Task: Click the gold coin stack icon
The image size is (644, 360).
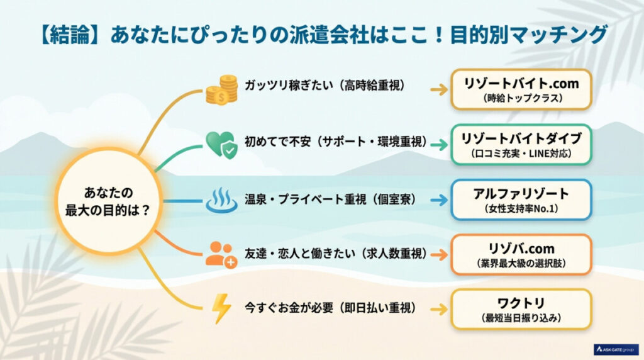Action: click(x=222, y=89)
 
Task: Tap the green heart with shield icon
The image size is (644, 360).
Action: click(x=221, y=144)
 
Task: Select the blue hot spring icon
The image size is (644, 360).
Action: click(x=222, y=200)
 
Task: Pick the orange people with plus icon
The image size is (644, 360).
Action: click(x=221, y=255)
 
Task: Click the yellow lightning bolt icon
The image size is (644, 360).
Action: click(x=221, y=308)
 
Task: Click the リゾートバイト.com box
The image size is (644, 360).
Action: click(x=521, y=89)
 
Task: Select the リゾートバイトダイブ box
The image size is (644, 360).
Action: click(x=521, y=145)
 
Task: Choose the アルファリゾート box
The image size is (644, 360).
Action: click(x=521, y=200)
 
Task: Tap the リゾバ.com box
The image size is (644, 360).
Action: click(x=521, y=255)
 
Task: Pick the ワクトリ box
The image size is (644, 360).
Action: click(x=521, y=310)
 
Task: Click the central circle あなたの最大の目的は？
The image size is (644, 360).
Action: click(x=108, y=201)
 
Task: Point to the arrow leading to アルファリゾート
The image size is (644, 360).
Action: click(x=439, y=200)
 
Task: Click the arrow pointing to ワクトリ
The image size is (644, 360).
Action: click(x=439, y=310)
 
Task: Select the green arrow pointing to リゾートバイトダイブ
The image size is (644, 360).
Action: click(x=439, y=145)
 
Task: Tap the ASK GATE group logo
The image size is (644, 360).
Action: click(x=616, y=349)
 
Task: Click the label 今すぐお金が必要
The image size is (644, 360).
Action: click(x=289, y=308)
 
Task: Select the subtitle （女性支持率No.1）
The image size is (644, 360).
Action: click(x=521, y=209)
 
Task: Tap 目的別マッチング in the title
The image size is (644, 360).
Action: click(x=529, y=35)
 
